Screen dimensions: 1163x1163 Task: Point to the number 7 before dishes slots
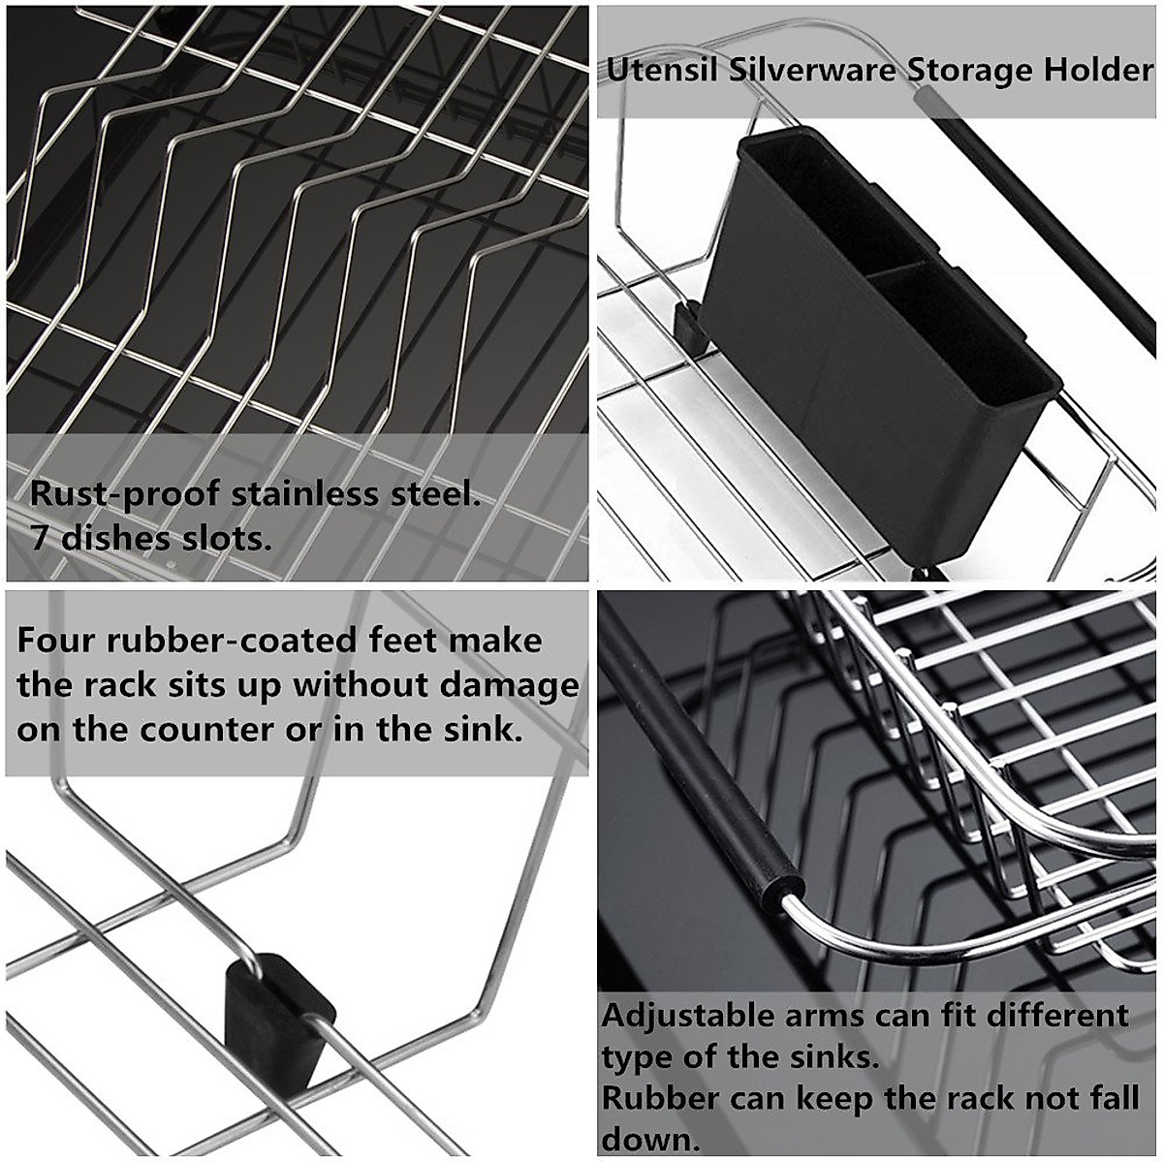click(40, 537)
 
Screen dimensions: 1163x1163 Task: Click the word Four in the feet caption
click(56, 642)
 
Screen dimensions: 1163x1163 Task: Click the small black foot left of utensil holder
click(690, 326)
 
